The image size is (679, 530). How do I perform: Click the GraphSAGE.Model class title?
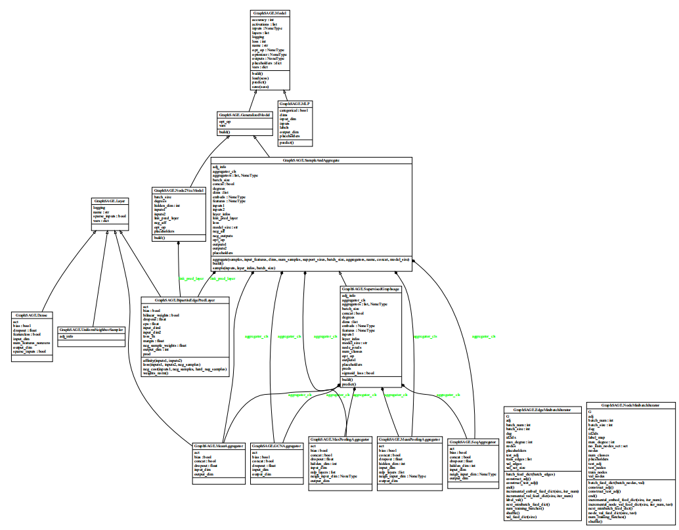click(270, 12)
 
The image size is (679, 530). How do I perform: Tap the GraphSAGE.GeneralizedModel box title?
click(245, 114)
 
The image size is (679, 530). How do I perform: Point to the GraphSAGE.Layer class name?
click(108, 200)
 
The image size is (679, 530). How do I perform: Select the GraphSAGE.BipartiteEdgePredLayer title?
click(185, 300)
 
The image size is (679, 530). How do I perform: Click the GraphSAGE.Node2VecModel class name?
click(179, 190)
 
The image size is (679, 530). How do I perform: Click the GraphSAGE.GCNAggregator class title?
click(276, 446)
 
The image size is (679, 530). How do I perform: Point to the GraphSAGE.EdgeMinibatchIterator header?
click(542, 409)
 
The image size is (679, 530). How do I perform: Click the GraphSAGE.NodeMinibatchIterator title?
click(631, 406)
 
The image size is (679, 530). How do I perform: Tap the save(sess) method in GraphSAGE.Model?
click(261, 87)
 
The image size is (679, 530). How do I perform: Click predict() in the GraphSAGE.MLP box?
click(287, 142)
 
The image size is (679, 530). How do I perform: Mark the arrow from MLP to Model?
click(284, 93)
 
